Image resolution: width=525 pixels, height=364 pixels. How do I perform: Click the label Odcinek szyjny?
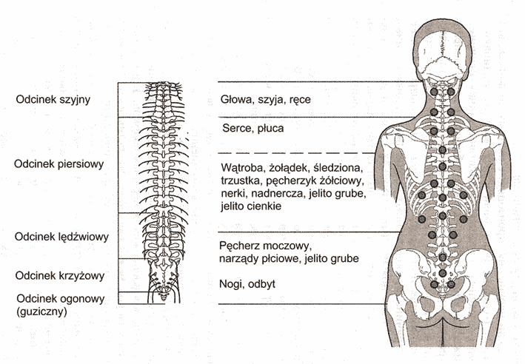[53, 100]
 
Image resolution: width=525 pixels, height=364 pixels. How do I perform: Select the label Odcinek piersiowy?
[59, 164]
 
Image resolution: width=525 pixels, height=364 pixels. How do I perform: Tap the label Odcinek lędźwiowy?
[61, 237]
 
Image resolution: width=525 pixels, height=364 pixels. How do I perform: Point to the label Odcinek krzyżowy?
[60, 276]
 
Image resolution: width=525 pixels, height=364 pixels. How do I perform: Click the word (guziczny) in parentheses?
[41, 311]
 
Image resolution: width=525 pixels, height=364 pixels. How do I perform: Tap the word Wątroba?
[244, 168]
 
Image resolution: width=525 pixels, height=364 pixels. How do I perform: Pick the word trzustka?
[241, 181]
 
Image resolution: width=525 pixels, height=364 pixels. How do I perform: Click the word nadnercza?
[278, 194]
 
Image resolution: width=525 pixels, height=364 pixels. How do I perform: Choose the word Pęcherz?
[239, 246]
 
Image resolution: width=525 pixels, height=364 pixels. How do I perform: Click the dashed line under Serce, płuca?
[296, 153]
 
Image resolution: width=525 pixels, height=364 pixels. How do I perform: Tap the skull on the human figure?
[443, 53]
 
